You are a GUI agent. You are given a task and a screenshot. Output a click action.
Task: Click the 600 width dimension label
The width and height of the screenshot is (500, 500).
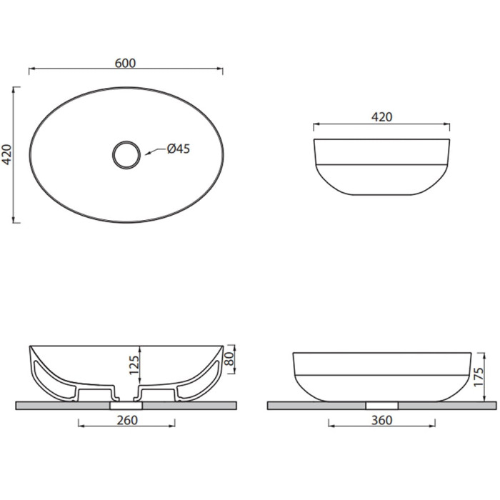click(125, 63)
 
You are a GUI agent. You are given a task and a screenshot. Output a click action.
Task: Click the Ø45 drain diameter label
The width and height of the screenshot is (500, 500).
click(179, 149)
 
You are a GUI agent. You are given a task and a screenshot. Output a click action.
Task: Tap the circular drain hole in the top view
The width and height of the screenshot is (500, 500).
click(126, 141)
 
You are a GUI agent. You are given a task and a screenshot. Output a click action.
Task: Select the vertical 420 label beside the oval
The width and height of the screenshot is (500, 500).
click(6, 155)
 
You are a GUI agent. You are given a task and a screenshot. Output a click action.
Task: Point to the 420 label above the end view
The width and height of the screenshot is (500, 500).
click(381, 117)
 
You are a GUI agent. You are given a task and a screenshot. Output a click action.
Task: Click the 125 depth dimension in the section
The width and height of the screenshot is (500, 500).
click(134, 365)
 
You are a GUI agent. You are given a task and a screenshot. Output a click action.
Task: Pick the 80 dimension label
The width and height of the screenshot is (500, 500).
click(229, 359)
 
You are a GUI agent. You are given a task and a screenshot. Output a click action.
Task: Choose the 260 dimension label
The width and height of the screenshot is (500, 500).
click(127, 420)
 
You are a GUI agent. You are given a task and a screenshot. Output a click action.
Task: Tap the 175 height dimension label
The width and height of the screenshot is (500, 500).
click(479, 377)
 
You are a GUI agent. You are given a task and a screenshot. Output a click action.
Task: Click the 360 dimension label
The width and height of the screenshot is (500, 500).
click(381, 420)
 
